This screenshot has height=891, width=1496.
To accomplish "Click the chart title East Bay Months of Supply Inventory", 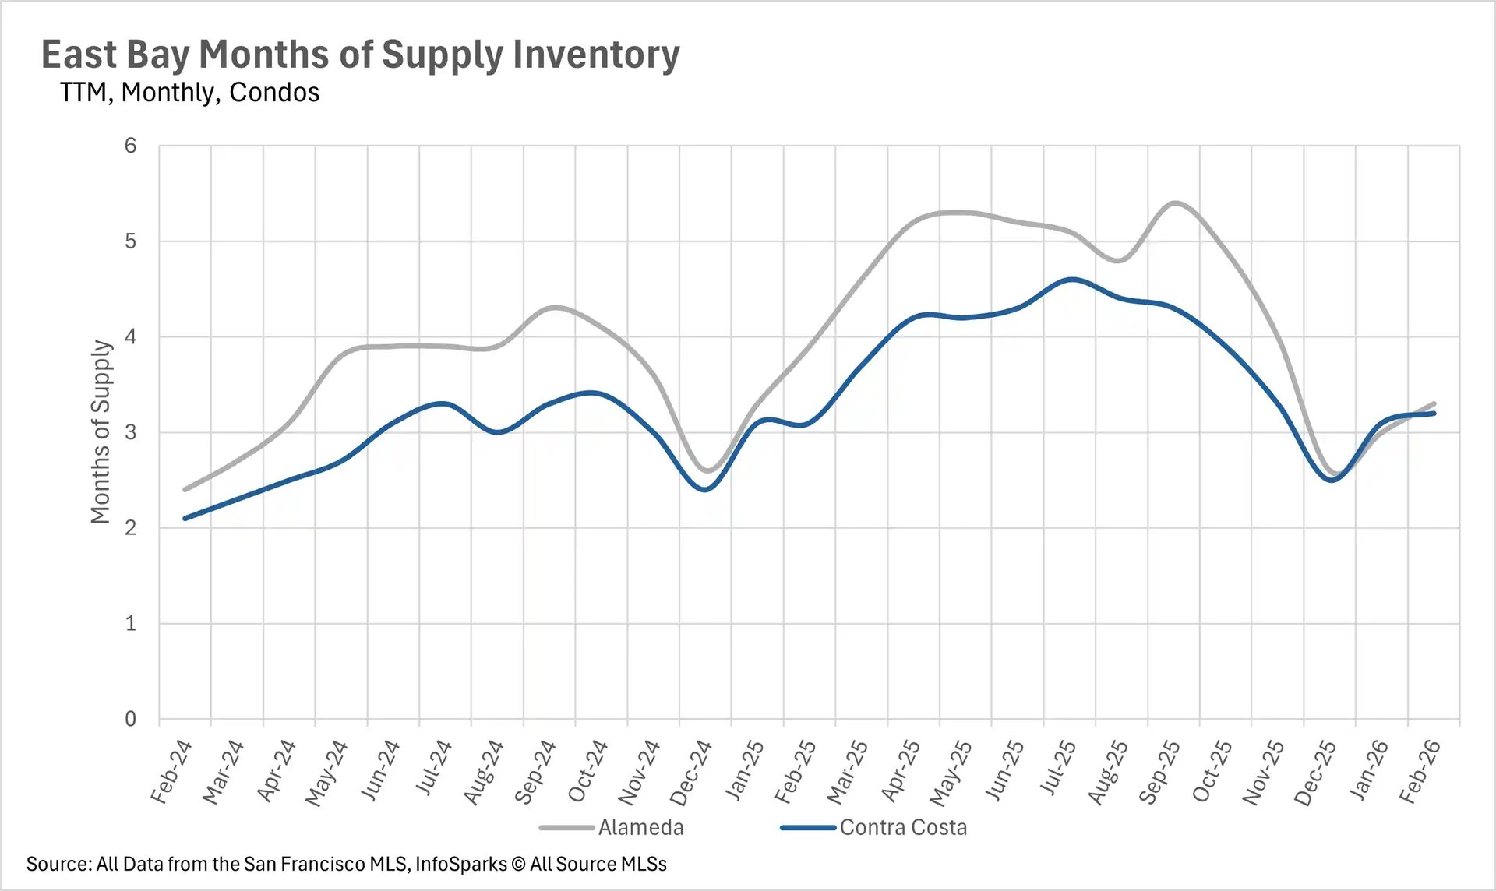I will pyautogui.click(x=360, y=55).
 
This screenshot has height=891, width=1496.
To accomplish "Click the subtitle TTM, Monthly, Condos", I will pyautogui.click(x=189, y=93).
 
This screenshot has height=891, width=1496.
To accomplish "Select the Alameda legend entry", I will pyautogui.click(x=640, y=827).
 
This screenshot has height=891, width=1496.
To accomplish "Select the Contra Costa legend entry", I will pyautogui.click(x=902, y=827).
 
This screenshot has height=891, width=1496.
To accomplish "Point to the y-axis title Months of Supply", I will pyautogui.click(x=101, y=431).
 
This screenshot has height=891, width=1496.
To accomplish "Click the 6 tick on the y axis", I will pyautogui.click(x=130, y=146).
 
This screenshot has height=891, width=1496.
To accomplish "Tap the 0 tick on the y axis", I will pyautogui.click(x=130, y=719).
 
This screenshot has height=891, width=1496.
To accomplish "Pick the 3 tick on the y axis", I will pyautogui.click(x=130, y=432).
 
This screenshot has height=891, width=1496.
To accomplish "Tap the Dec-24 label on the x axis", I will pyautogui.click(x=691, y=773).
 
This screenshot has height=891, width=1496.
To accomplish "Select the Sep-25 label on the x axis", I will pyautogui.click(x=1159, y=773).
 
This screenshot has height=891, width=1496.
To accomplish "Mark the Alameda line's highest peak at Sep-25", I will pyautogui.click(x=1174, y=202).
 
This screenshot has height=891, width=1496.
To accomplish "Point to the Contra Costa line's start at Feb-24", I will pyautogui.click(x=185, y=518).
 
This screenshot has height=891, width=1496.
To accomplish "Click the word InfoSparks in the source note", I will pyautogui.click(x=460, y=864).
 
